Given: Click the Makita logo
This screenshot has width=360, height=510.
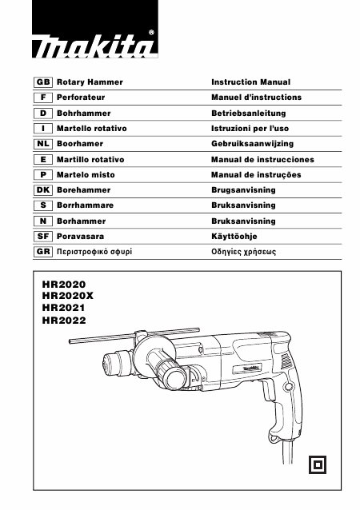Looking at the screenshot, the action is [x=94, y=29].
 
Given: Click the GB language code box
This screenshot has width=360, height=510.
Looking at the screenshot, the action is [x=43, y=82].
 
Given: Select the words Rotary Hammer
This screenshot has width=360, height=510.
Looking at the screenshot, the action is [x=90, y=82].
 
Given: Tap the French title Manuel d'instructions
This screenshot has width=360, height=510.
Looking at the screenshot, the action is [x=257, y=98].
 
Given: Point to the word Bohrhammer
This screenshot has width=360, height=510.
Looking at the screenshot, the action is [x=84, y=114].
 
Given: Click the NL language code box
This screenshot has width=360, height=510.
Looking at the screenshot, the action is [x=43, y=144].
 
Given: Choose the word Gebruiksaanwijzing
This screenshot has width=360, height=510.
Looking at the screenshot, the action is [x=253, y=144].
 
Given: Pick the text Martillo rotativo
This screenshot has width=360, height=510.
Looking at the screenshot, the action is [x=90, y=160].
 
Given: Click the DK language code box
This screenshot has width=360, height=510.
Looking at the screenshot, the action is [x=43, y=190].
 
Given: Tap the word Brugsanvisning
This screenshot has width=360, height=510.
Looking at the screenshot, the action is [x=243, y=190].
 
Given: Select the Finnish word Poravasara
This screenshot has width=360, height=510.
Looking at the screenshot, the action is [x=80, y=237].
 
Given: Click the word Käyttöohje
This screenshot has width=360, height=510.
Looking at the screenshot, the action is [x=234, y=237].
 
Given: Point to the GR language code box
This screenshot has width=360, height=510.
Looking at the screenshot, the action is [x=43, y=252].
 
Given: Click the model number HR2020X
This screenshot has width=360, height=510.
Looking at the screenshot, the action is [x=68, y=296].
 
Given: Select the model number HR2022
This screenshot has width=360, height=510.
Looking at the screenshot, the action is [x=64, y=321].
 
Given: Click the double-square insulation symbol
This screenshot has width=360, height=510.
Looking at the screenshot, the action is [x=318, y=464].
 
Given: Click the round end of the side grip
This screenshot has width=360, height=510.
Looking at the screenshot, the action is [x=176, y=379].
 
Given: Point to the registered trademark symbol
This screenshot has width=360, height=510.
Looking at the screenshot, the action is [x=151, y=33].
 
